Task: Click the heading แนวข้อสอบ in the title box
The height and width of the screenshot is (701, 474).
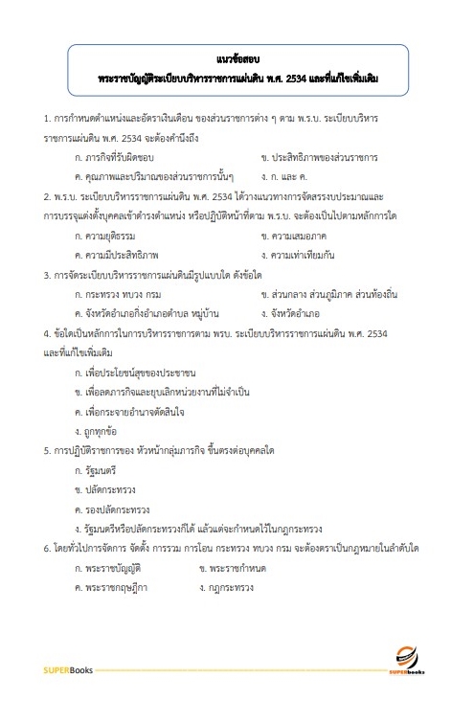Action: click(236, 57)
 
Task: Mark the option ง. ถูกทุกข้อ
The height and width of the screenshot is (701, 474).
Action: click(97, 431)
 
